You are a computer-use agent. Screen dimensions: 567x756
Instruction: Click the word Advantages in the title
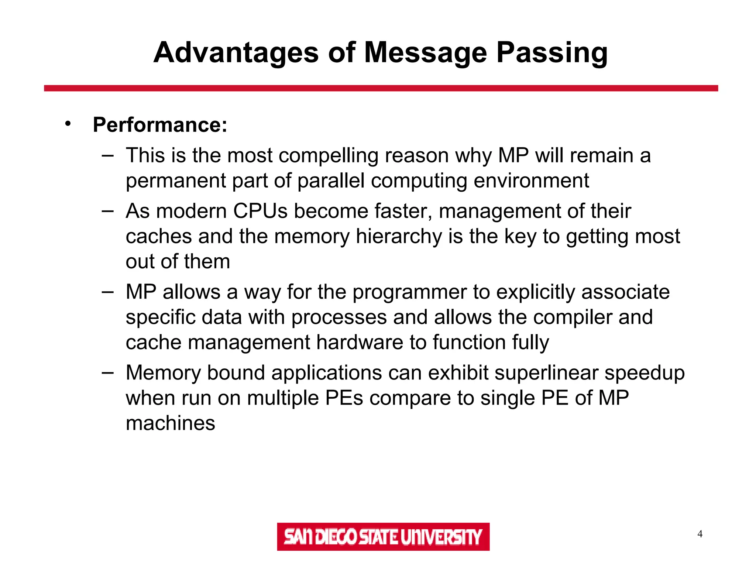(236, 52)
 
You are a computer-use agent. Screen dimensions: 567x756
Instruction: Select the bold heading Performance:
(160, 125)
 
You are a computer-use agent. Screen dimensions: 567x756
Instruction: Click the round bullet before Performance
(68, 124)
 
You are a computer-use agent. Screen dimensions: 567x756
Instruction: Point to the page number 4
(700, 534)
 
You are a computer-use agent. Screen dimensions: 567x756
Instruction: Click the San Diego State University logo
(383, 536)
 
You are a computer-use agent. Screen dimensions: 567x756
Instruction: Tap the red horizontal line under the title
(381, 88)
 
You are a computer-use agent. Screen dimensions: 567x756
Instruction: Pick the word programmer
(410, 292)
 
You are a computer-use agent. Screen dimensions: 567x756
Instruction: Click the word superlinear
(546, 373)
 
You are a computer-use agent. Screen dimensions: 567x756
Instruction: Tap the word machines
(170, 423)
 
